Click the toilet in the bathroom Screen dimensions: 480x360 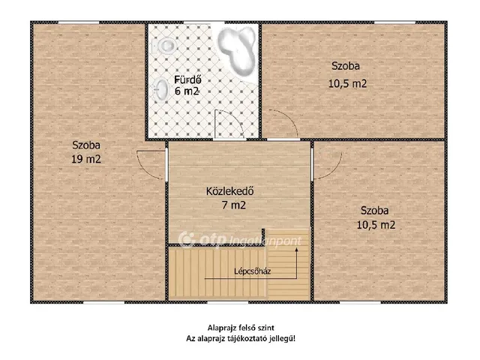click(165, 46)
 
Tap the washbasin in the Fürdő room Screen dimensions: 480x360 click(160, 89)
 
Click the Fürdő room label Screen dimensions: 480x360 click(187, 79)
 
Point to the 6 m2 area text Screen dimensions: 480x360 click(187, 91)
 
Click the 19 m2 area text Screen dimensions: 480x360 click(86, 159)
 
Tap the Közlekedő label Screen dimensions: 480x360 click(230, 191)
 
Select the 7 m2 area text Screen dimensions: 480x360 click(233, 205)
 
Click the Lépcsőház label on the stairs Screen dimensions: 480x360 click(252, 271)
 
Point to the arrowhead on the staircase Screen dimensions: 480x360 click(297, 249)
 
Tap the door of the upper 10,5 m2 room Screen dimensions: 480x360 click(283, 122)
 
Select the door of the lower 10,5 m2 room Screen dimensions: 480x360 click(326, 165)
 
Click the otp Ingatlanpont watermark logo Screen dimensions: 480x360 click(240, 240)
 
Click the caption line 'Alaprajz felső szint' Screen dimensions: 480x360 click(241, 328)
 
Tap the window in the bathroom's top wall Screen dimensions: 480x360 click(204, 22)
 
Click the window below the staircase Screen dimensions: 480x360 click(228, 302)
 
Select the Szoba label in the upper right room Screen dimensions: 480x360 click(346, 66)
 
